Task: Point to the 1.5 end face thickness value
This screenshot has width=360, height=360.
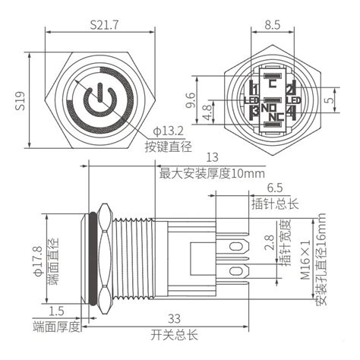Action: [56, 311]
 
